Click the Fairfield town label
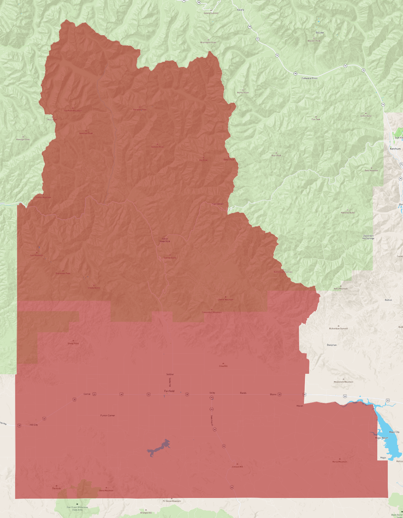pos(169,391)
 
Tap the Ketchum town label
pos(395,149)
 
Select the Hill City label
pos(34,425)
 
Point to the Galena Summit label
pos(211,13)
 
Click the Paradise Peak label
pos(140,110)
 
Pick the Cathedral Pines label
pos(309,78)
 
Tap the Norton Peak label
pos(243,92)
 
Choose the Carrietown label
pos(218,204)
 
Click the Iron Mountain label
pos(37,255)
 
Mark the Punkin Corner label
pos(108,415)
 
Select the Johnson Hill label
pos(237,467)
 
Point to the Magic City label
pos(394,432)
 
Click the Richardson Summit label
pos(338,328)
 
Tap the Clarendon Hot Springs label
pos(368,237)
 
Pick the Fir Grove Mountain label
pos(172,501)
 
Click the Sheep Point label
pos(73,343)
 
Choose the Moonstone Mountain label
pos(343,382)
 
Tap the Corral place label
pos(87,394)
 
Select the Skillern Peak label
pos(157,147)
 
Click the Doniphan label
pos(332,345)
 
